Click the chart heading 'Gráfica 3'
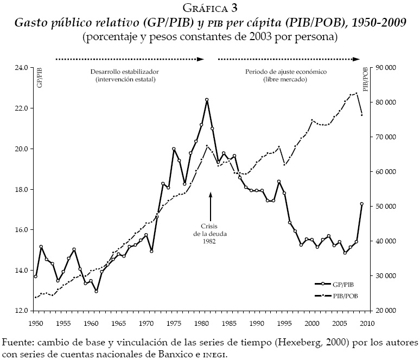point(210,8)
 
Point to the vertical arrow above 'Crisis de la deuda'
point(210,204)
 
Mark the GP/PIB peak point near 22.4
point(207,100)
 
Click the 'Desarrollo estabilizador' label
point(125,72)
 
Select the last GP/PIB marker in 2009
point(361,204)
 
